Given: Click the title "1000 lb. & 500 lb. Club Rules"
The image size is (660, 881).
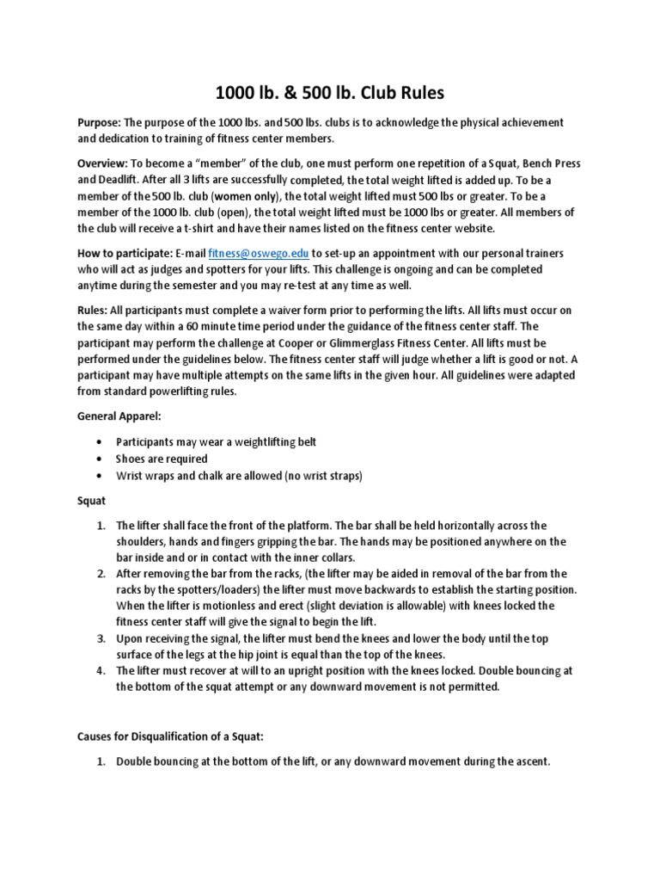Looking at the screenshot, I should pyautogui.click(x=330, y=92).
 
